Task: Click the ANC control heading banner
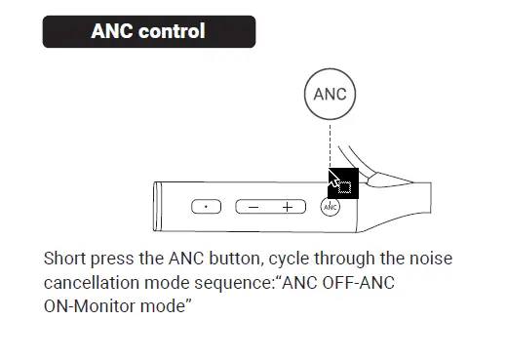tap(148, 31)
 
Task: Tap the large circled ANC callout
tap(330, 96)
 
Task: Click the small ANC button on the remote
tap(330, 207)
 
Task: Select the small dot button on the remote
tap(206, 207)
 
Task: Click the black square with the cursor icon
tap(344, 182)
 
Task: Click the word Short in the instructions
tap(65, 260)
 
